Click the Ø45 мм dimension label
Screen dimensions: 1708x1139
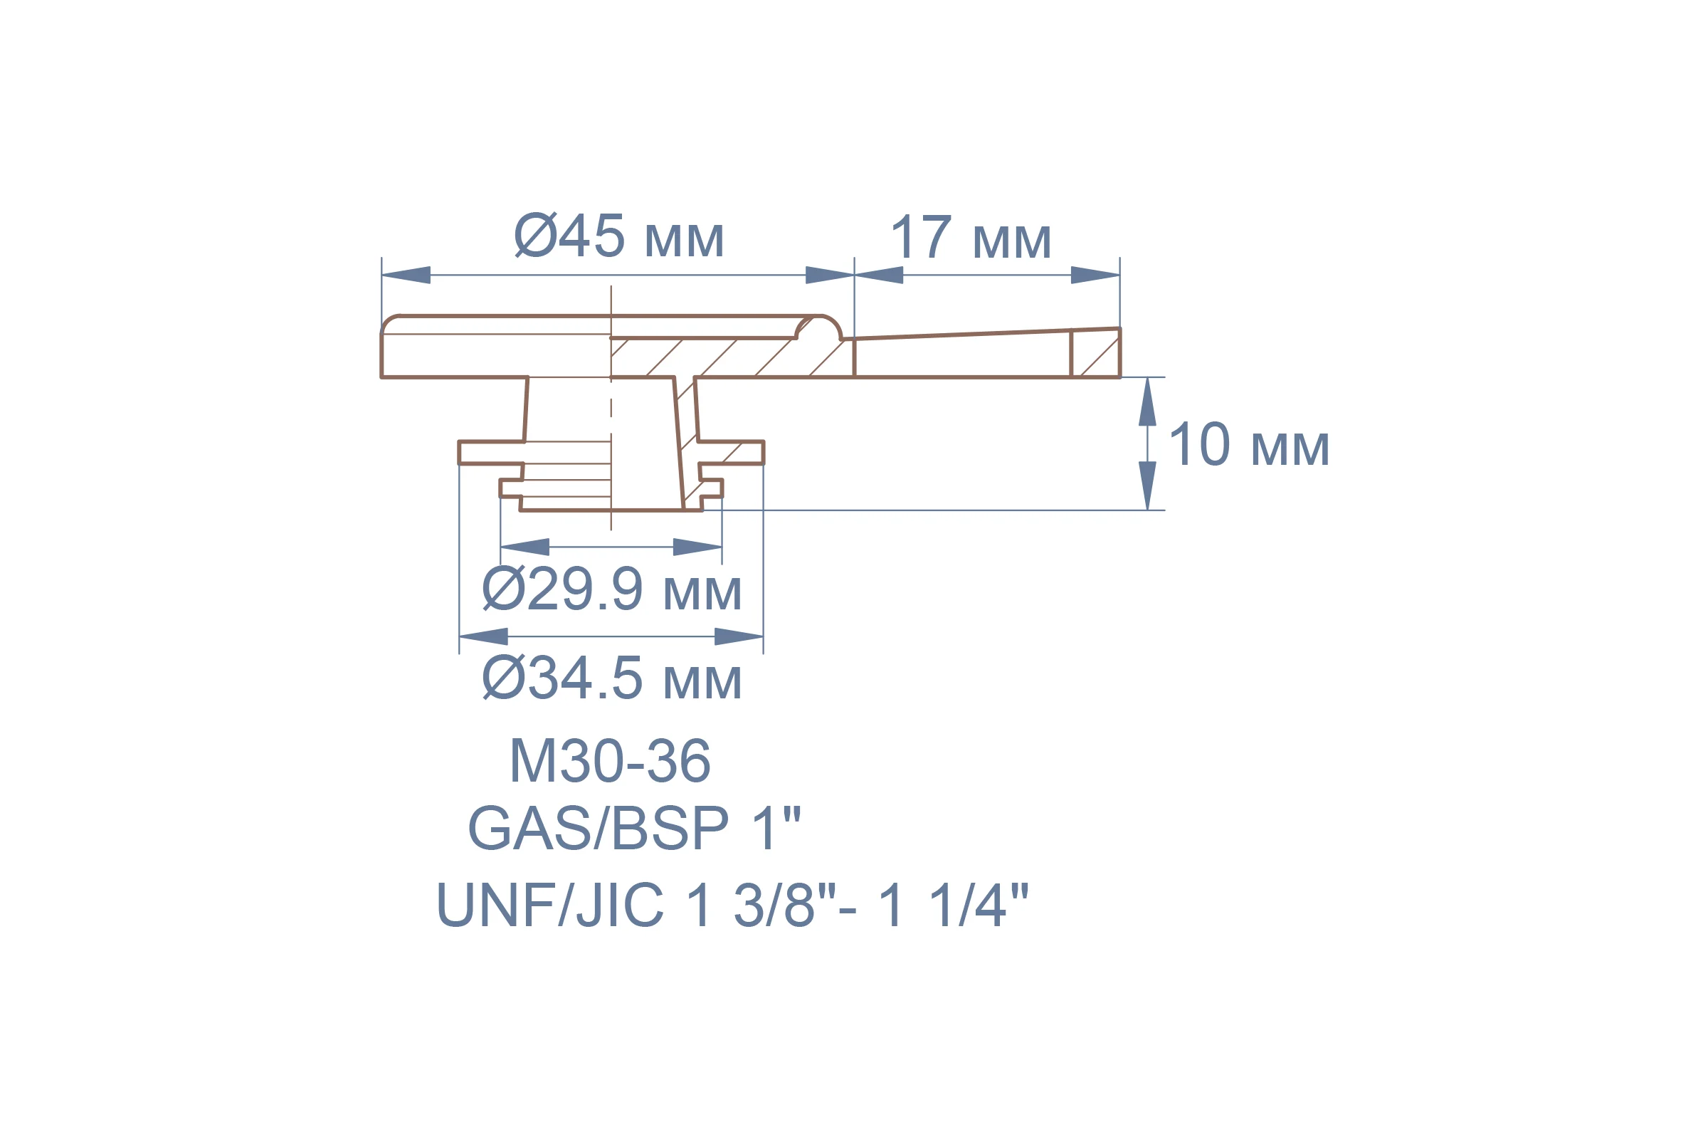click(619, 236)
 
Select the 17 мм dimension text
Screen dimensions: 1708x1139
click(971, 237)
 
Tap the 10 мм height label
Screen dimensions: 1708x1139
click(1249, 444)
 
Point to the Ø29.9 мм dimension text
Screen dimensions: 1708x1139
click(611, 589)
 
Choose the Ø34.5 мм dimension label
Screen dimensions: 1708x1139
click(611, 678)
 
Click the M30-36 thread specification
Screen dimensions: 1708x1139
click(610, 760)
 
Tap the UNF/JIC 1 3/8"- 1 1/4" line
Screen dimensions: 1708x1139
click(732, 905)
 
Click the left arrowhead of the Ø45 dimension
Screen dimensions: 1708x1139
click(406, 275)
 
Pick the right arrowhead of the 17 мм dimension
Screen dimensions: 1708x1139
click(1095, 275)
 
